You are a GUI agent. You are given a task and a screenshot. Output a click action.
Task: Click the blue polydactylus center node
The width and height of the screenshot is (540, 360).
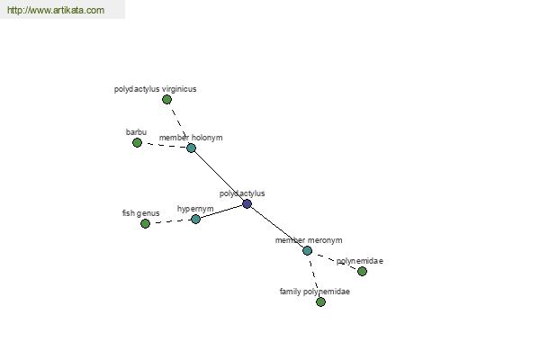(247, 204)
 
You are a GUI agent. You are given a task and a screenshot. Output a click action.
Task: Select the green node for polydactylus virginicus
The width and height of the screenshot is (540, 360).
(166, 100)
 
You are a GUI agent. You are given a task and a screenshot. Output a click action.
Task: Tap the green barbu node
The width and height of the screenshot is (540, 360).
(137, 142)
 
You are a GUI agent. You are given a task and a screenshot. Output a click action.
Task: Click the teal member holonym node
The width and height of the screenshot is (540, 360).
(191, 148)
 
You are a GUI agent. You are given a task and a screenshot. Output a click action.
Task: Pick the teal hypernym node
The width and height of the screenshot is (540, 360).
(195, 219)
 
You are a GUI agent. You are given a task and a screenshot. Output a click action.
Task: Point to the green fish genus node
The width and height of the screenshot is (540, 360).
(145, 223)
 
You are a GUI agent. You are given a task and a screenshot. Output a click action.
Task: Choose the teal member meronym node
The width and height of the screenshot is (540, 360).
(307, 250)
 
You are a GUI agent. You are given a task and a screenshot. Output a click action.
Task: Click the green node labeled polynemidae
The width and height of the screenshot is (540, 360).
(362, 272)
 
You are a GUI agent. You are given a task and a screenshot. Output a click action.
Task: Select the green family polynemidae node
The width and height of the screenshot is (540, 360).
(320, 302)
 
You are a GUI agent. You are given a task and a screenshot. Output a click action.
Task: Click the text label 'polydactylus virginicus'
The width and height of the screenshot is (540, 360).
(156, 89)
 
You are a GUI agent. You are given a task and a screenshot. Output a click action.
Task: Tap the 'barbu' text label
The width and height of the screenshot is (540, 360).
(136, 132)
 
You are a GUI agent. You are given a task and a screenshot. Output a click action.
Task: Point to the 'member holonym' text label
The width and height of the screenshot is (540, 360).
(191, 138)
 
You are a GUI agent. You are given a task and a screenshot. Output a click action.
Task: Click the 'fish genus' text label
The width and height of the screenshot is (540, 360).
(141, 213)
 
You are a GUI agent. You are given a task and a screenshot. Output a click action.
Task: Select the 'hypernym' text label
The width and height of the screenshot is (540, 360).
(195, 209)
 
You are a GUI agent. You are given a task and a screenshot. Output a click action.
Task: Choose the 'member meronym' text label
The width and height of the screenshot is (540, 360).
(309, 240)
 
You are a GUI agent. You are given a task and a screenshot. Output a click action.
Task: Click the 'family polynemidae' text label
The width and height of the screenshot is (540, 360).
(315, 292)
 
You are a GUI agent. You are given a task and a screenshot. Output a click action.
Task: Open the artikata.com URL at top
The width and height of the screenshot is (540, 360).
(56, 10)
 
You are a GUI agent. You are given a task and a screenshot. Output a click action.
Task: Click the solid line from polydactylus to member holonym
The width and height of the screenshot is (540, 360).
(219, 176)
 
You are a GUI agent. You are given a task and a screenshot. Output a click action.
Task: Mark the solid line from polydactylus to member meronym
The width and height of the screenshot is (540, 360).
(277, 228)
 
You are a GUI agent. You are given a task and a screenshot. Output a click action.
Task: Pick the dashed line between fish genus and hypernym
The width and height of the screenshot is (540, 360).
(170, 221)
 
